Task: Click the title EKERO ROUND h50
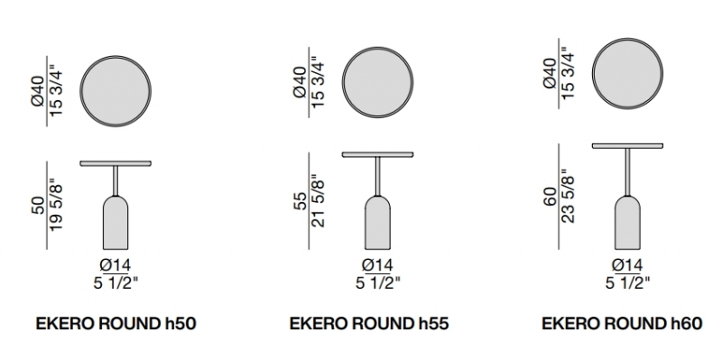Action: [x=116, y=324]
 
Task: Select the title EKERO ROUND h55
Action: [x=369, y=324]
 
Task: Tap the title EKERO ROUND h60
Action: [x=622, y=324]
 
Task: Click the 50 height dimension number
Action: [x=39, y=206]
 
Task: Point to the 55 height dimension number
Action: [x=301, y=201]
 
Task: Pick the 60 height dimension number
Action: [x=551, y=197]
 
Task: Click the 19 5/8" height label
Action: [x=55, y=206]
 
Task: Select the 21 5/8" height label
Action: [x=318, y=200]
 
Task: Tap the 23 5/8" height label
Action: [x=568, y=197]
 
